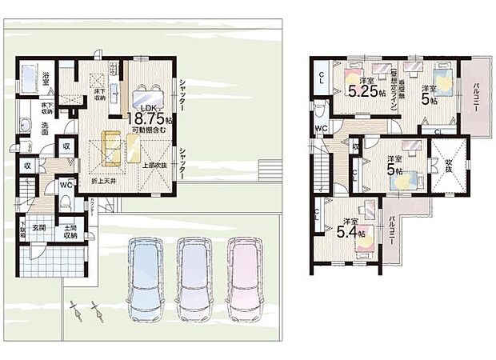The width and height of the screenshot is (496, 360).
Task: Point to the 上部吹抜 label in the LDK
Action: point(155,166)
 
